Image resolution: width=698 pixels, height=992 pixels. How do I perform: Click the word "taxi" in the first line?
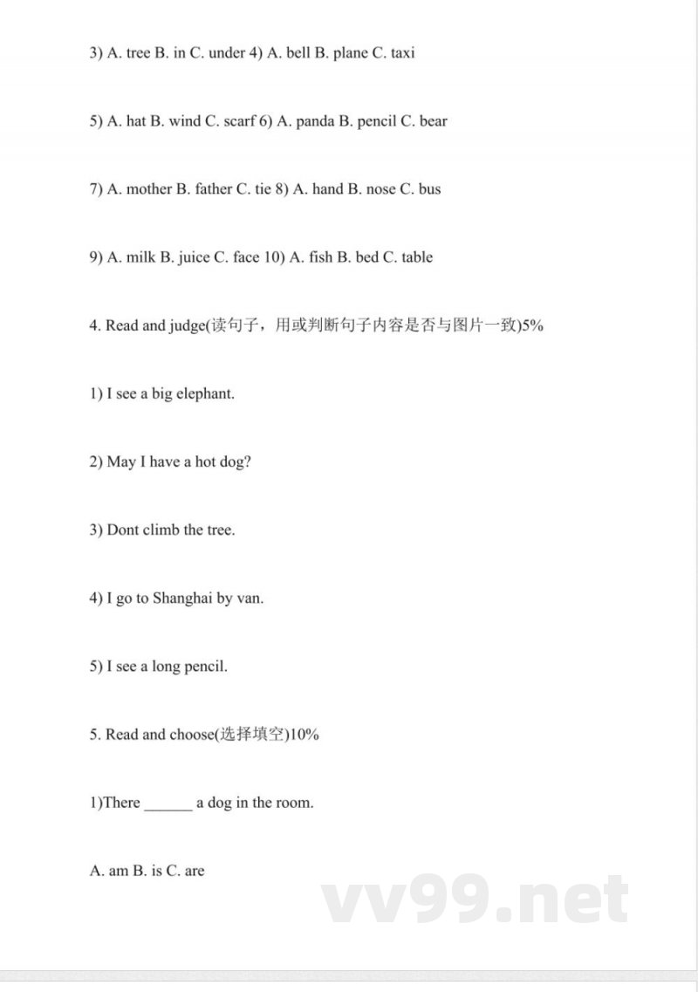click(x=402, y=53)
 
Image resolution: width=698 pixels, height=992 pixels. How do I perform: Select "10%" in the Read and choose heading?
click(x=303, y=735)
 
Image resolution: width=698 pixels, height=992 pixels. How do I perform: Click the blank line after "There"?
click(x=168, y=804)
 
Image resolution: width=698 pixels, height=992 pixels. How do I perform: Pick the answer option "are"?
click(x=194, y=871)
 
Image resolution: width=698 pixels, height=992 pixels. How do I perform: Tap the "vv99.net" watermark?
click(x=476, y=900)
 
